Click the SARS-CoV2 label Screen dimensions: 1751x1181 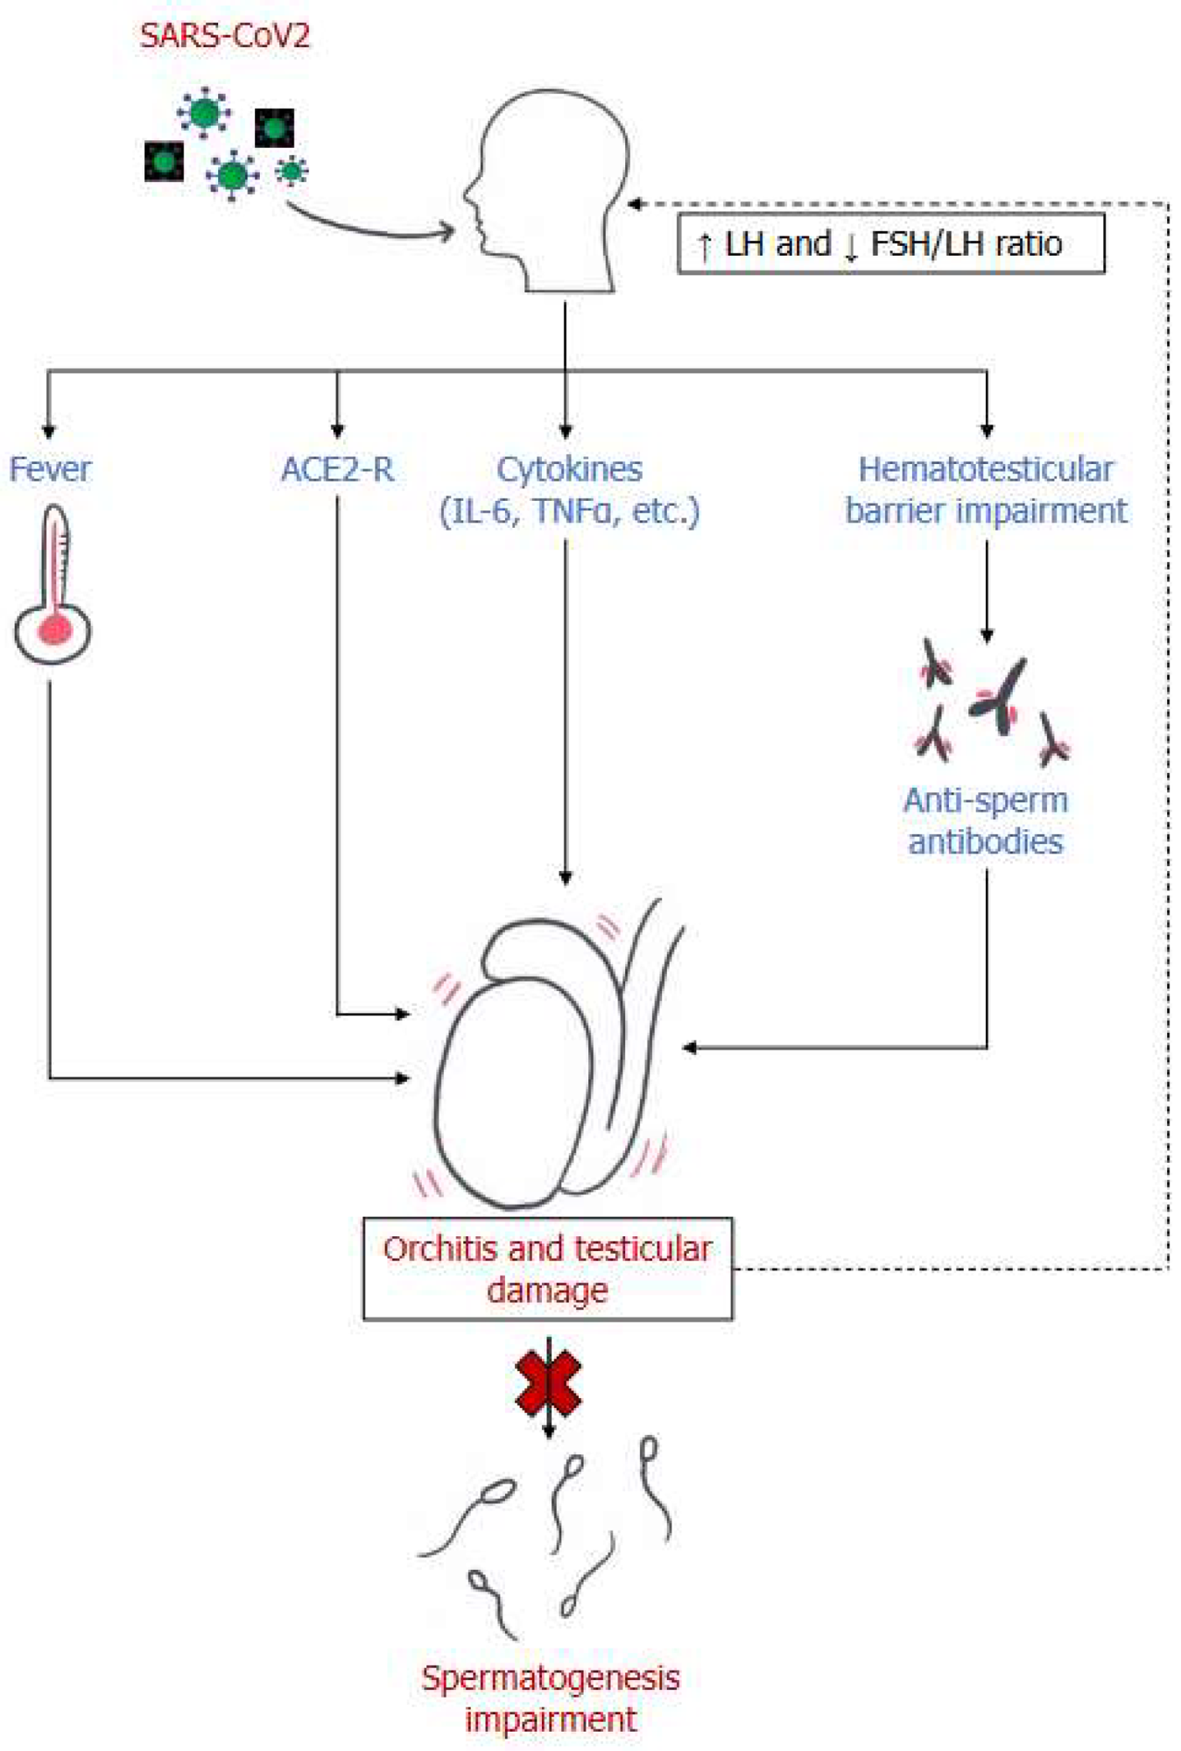tap(224, 36)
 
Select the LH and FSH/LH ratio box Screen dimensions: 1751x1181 tap(890, 244)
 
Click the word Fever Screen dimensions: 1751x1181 tap(50, 469)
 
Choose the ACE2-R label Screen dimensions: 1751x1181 tap(337, 469)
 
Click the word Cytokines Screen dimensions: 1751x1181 tap(569, 469)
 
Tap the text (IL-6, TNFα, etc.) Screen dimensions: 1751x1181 tap(569, 510)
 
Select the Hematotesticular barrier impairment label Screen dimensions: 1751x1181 tap(986, 489)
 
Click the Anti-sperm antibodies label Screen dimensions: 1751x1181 tap(986, 820)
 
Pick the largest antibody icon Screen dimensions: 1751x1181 tap(1001, 696)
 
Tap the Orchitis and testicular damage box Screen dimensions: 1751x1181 tap(547, 1269)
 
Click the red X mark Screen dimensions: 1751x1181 tap(548, 1383)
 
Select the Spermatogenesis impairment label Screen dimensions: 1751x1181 tap(550, 1698)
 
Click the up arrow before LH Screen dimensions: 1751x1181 tap(704, 246)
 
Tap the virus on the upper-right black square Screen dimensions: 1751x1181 tap(274, 129)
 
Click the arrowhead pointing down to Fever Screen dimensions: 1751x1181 tap(49, 432)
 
